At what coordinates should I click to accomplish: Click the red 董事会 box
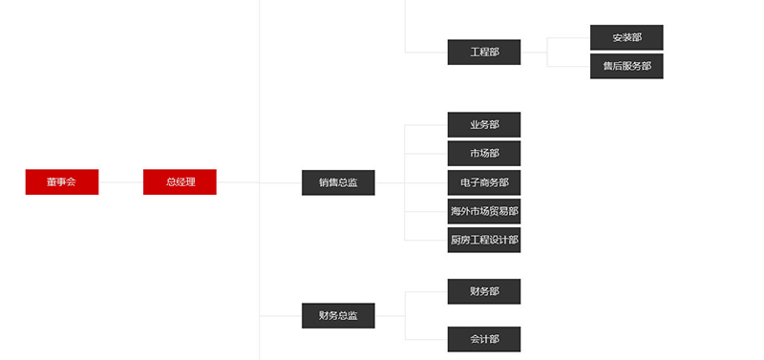pyautogui.click(x=62, y=181)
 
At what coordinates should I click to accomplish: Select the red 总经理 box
pyautogui.click(x=180, y=181)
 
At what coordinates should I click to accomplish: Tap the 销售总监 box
pyautogui.click(x=338, y=182)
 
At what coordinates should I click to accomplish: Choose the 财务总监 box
pyautogui.click(x=338, y=315)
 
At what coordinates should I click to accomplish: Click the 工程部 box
pyautogui.click(x=484, y=53)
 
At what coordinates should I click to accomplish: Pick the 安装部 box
pyautogui.click(x=626, y=37)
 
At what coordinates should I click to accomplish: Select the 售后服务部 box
pyautogui.click(x=626, y=66)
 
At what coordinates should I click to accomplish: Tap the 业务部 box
pyautogui.click(x=484, y=125)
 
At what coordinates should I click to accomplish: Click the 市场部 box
pyautogui.click(x=484, y=154)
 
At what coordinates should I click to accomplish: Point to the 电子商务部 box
pyautogui.click(x=484, y=182)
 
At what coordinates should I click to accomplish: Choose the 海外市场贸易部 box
pyautogui.click(x=484, y=211)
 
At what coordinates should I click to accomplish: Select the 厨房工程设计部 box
pyautogui.click(x=484, y=240)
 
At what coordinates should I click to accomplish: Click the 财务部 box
pyautogui.click(x=484, y=291)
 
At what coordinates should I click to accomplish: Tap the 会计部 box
pyautogui.click(x=484, y=339)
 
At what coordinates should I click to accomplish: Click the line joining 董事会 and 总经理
pyautogui.click(x=121, y=181)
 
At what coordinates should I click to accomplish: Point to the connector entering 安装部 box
pyautogui.click(x=569, y=38)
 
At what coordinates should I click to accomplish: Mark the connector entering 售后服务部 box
pyautogui.click(x=569, y=67)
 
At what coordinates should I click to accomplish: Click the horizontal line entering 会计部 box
pyautogui.click(x=427, y=339)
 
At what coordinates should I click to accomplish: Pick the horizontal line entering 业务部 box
pyautogui.click(x=427, y=125)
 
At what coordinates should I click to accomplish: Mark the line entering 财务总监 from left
pyautogui.click(x=281, y=315)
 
